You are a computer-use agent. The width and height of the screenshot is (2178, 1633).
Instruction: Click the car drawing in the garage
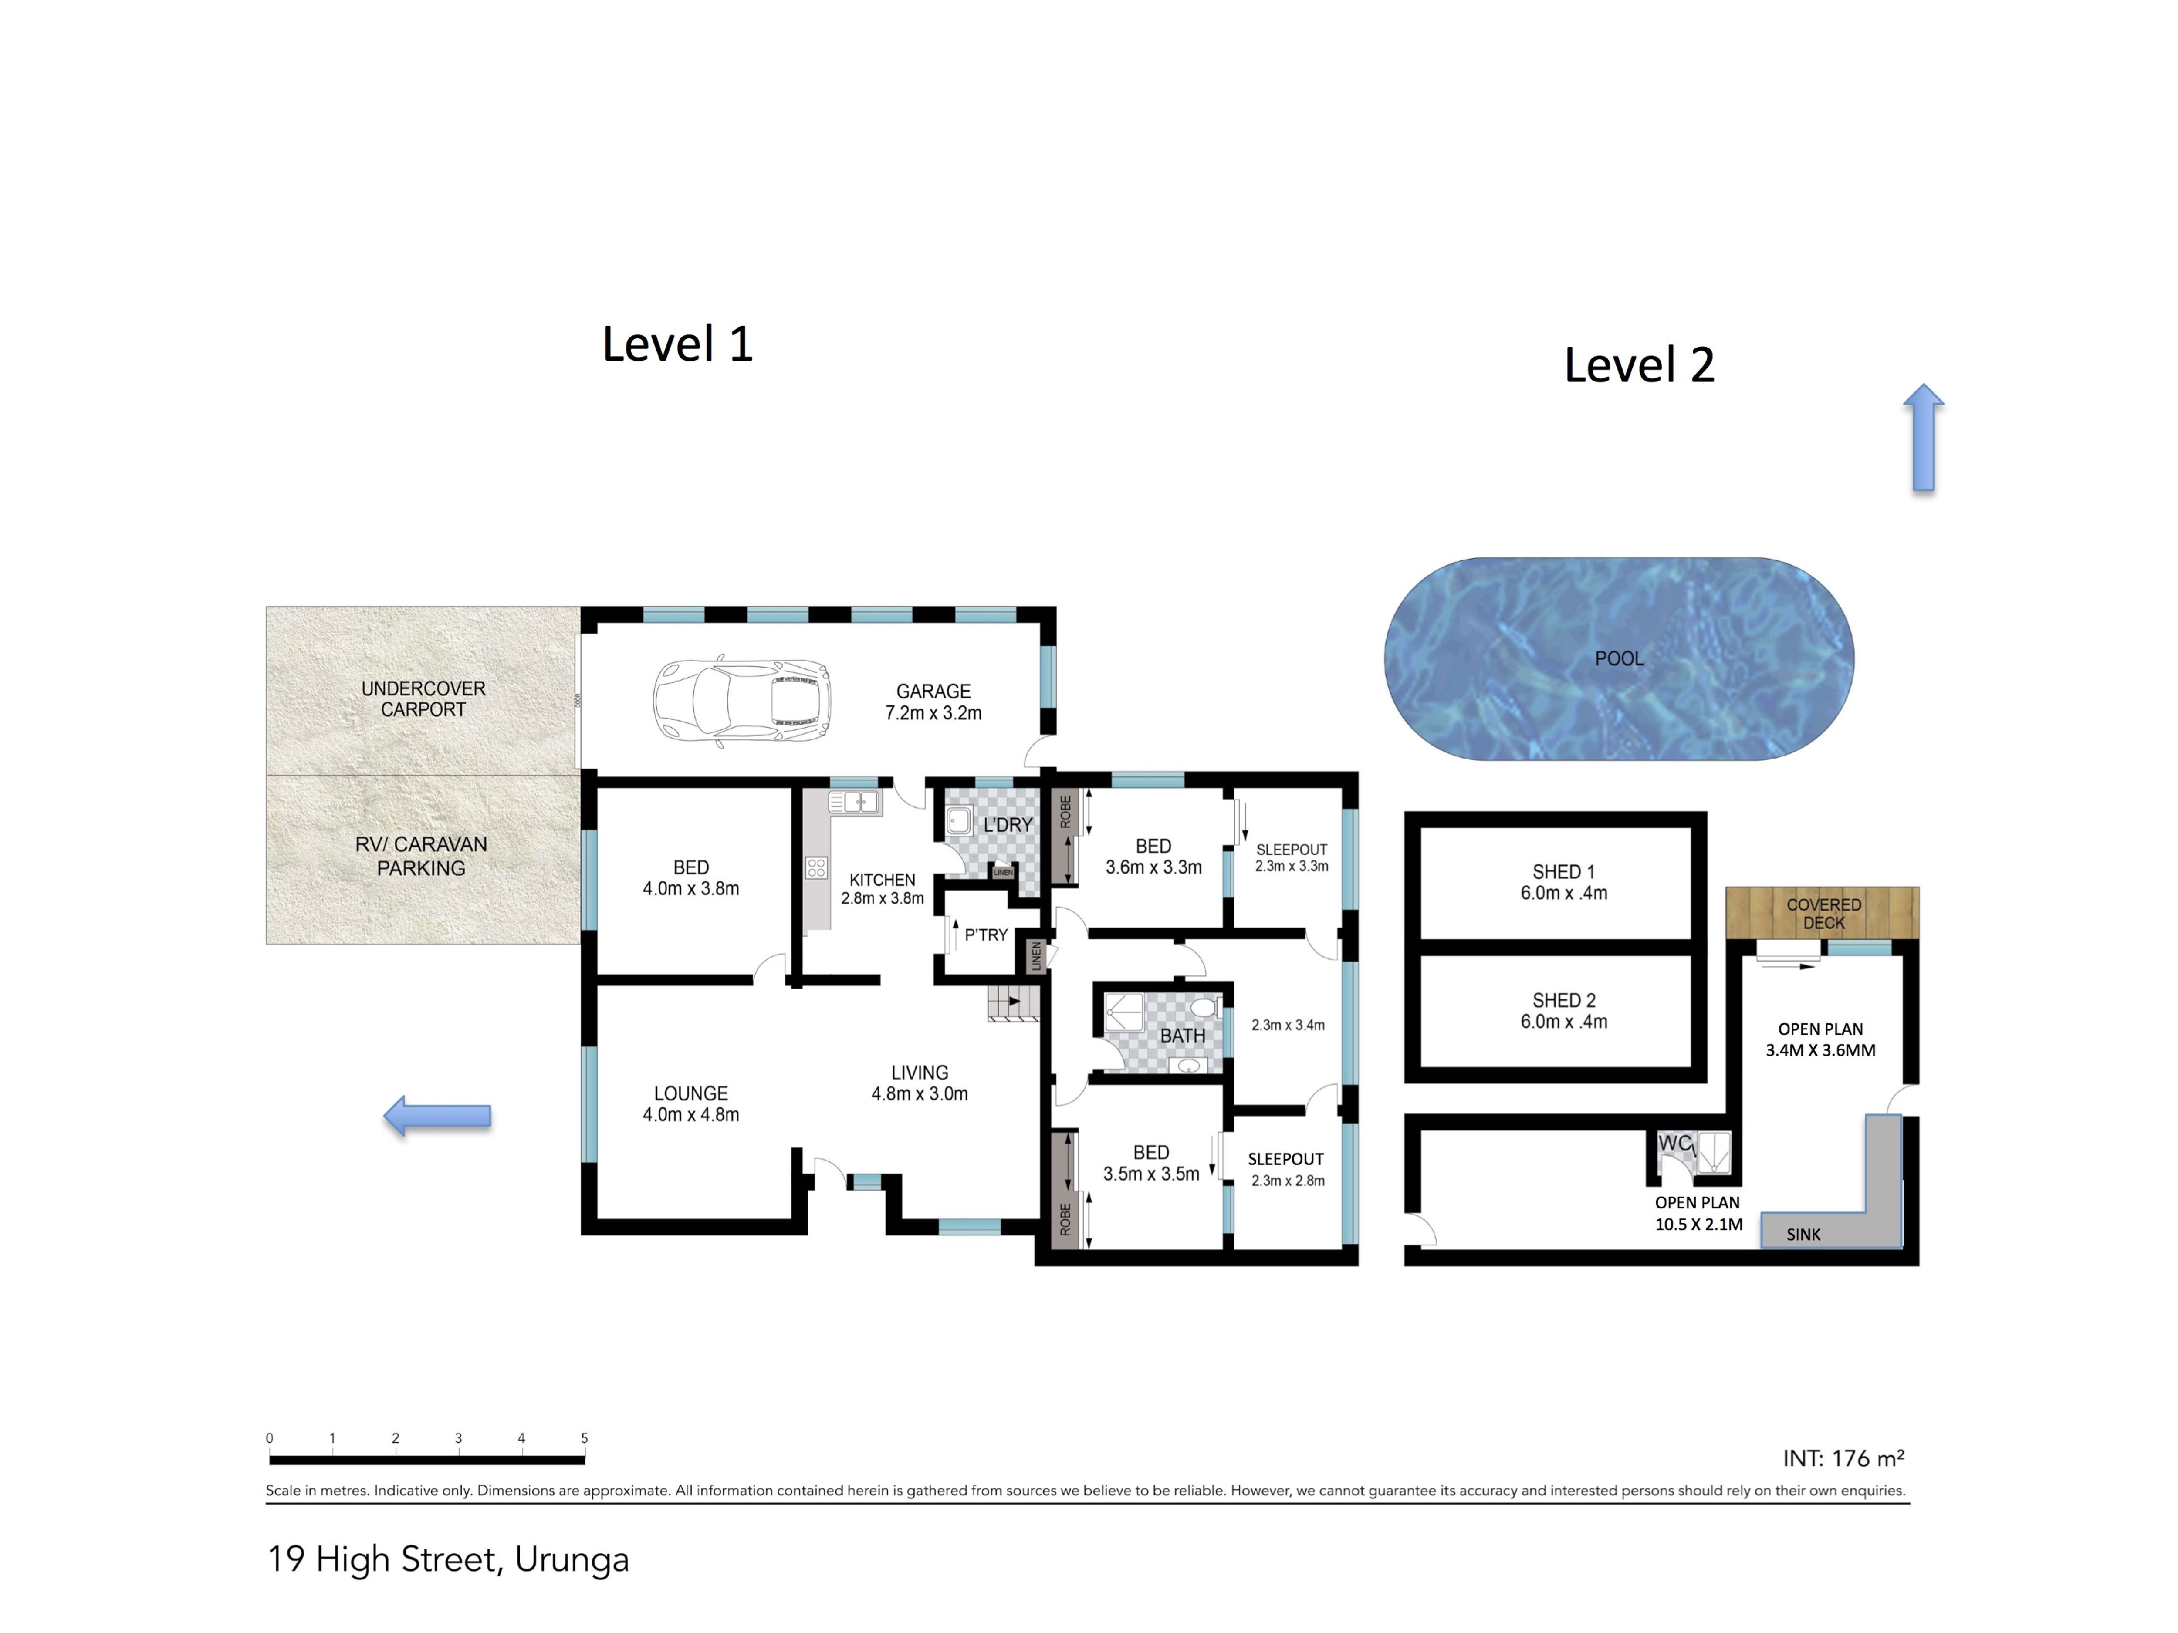(741, 702)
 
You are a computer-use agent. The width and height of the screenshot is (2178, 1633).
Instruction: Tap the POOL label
(1619, 658)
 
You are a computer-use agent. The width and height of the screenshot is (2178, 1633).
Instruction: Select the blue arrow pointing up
(1923, 437)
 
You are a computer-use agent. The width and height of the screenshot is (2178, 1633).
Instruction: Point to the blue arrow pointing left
(437, 1116)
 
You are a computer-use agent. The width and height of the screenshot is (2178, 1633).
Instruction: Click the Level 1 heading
(677, 344)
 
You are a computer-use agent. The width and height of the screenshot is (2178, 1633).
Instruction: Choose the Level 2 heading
(1640, 365)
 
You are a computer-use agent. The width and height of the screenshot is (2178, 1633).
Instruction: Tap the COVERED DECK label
(1823, 914)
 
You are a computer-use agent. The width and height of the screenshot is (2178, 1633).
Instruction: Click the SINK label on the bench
(1804, 1235)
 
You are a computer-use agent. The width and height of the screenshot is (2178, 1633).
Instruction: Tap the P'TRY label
(986, 935)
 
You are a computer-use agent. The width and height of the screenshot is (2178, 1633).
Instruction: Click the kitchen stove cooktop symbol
(816, 867)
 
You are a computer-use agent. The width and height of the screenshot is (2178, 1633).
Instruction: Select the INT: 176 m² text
(1843, 1458)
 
